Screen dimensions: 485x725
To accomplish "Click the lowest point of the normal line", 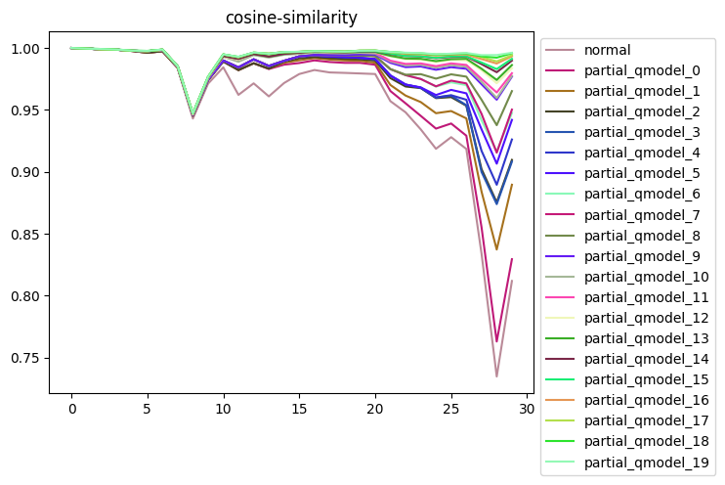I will point(496,376).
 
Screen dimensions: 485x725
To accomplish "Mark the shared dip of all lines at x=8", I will point(193,117).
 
